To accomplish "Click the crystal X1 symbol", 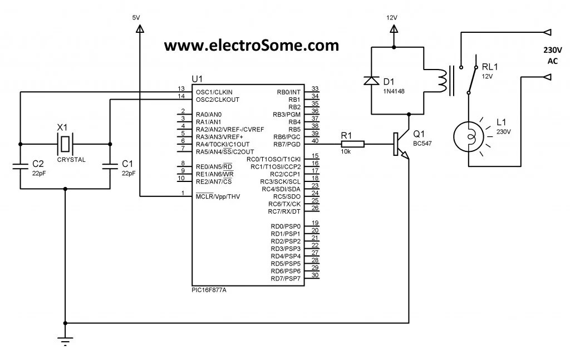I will click(x=66, y=144).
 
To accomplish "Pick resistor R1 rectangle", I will click(x=353, y=144).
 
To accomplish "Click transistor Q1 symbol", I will click(x=400, y=144).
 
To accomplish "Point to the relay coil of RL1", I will click(x=441, y=81).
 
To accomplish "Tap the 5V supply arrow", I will click(x=139, y=27).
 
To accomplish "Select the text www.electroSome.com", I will click(x=251, y=45).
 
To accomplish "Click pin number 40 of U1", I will click(x=315, y=140).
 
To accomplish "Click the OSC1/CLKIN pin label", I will click(x=214, y=91).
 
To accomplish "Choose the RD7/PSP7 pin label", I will click(x=286, y=278).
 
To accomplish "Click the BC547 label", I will click(x=423, y=144).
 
